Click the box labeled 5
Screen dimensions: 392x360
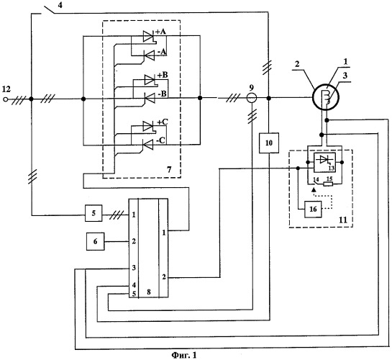(94, 213)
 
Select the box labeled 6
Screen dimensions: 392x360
(95, 241)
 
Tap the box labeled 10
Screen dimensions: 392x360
(269, 143)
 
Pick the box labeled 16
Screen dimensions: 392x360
(313, 209)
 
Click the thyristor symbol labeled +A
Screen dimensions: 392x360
(148, 37)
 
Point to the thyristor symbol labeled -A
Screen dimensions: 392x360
(149, 55)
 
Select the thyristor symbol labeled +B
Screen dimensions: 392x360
(150, 80)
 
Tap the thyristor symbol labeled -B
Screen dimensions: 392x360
(149, 98)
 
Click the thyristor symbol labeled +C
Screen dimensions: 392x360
(149, 126)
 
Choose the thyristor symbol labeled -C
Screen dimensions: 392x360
(147, 145)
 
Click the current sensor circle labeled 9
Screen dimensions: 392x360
(252, 98)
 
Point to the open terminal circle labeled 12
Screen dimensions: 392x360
(6, 99)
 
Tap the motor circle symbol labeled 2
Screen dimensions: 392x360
(326, 98)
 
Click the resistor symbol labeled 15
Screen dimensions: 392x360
(328, 184)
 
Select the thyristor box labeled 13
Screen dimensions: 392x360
(325, 163)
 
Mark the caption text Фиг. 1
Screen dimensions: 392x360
(184, 355)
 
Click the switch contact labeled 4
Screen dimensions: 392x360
(49, 10)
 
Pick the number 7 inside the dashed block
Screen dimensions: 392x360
(169, 170)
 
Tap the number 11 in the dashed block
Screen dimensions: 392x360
(343, 220)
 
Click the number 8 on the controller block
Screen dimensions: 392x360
(149, 292)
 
